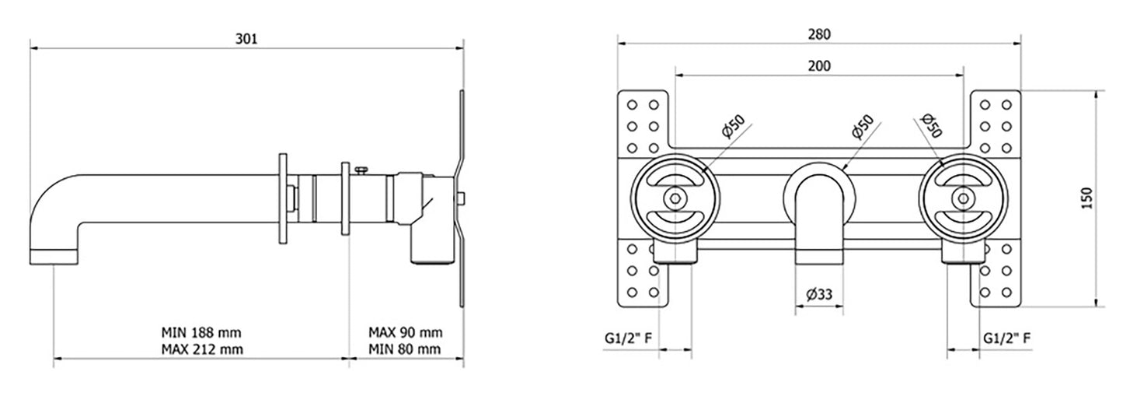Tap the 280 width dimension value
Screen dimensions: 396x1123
tap(819, 34)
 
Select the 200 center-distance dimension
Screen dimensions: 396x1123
tap(819, 66)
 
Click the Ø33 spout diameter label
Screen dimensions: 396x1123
tap(819, 294)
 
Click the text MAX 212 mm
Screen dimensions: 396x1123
tap(202, 349)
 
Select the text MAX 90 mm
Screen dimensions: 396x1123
tap(405, 332)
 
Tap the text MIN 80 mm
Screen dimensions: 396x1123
tap(405, 349)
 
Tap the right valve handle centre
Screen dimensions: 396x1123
tap(963, 198)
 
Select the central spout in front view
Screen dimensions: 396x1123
tap(819, 218)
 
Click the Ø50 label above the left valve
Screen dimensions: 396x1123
tap(732, 127)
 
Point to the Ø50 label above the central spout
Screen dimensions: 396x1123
tap(863, 127)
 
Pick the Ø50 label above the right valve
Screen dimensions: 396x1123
tap(930, 125)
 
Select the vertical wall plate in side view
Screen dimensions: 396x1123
tap(462, 198)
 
